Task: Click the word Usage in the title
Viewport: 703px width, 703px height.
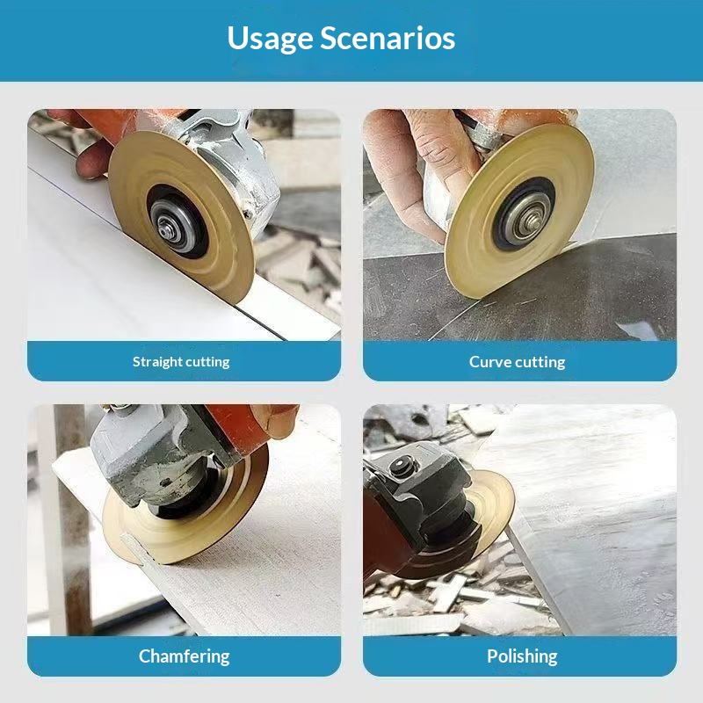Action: pyautogui.click(x=269, y=39)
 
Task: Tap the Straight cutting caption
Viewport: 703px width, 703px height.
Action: pyautogui.click(x=181, y=361)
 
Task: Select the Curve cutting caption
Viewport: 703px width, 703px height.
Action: pyautogui.click(x=517, y=361)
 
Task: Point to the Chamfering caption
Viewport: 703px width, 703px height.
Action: pyautogui.click(x=184, y=656)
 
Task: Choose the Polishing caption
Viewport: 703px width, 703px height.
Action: pyautogui.click(x=522, y=656)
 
